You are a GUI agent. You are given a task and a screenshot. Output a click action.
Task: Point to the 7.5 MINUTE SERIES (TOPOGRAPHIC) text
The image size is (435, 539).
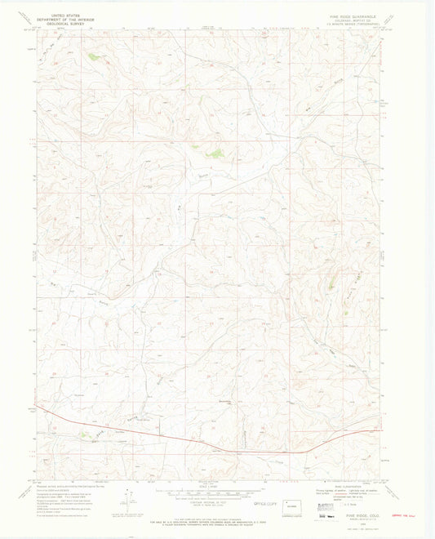coord(348,23)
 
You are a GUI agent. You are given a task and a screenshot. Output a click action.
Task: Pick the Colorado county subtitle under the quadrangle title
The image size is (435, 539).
coord(348,19)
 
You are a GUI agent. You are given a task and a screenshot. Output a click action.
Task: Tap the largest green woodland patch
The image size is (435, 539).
coord(215,152)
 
